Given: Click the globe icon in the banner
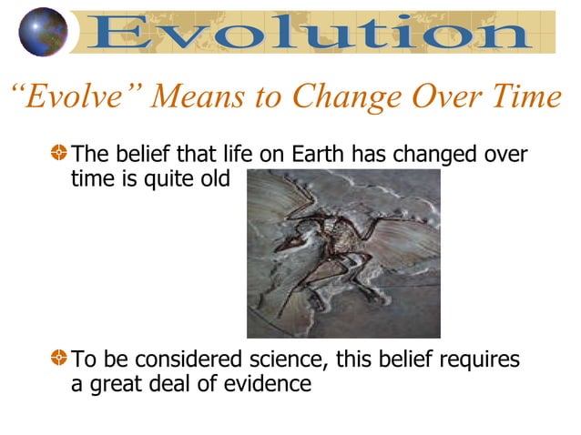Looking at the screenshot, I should (x=44, y=32).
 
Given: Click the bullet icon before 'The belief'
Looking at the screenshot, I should (x=59, y=156).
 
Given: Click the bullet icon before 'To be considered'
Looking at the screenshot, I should (x=59, y=360).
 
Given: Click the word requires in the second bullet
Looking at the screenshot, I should (x=478, y=360).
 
